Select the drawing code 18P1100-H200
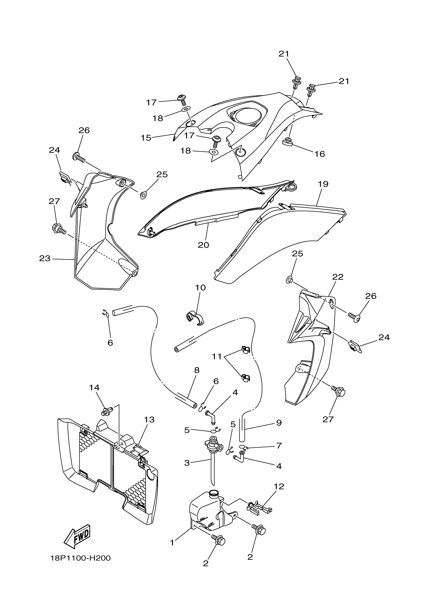coord(80,558)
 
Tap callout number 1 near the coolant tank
coord(172,543)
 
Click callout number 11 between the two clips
coord(217,357)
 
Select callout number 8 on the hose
coord(197,370)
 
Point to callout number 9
coord(279,423)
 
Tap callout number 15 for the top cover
coord(146,138)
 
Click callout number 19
coord(323,184)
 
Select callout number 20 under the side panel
coord(203,245)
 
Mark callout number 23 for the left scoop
coord(45,258)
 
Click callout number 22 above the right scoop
coord(338,277)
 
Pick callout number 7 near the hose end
coord(279,446)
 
